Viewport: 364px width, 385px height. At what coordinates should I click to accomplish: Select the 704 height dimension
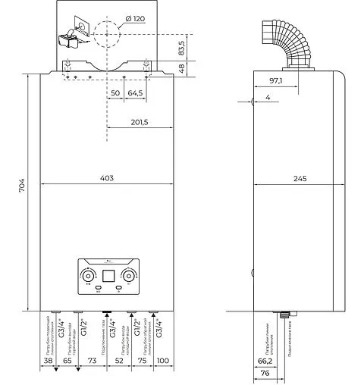point(22,184)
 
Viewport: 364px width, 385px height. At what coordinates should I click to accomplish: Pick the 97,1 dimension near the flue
point(275,80)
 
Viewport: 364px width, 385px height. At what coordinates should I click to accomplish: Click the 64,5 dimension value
point(136,92)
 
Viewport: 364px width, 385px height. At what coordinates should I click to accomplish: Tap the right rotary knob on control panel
point(130,274)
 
